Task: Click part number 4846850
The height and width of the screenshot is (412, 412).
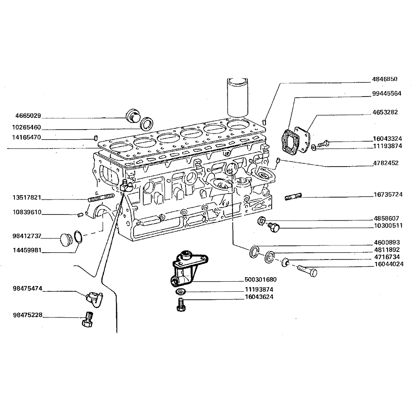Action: click(x=385, y=80)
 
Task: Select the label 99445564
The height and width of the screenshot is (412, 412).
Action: click(x=386, y=93)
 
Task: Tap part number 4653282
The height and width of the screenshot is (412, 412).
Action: click(x=385, y=112)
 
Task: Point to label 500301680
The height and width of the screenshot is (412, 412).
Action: click(x=261, y=280)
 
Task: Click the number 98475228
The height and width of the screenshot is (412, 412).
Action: click(x=27, y=315)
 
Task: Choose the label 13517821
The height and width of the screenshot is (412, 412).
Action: click(x=27, y=198)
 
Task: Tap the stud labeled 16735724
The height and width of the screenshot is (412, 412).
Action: click(x=293, y=197)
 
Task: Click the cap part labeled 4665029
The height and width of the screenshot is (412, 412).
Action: click(x=132, y=115)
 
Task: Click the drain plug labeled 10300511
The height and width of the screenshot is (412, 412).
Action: click(x=274, y=227)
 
